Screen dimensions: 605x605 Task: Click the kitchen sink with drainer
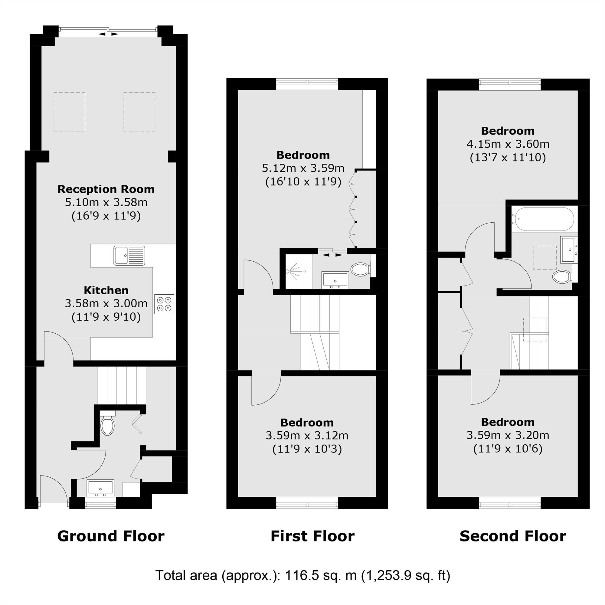[x=129, y=256]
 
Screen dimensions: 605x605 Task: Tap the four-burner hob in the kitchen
[x=164, y=304]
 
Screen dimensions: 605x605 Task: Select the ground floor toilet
[x=107, y=423]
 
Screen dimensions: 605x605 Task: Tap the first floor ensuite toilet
[x=361, y=269]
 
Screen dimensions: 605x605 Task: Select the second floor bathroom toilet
[x=562, y=276]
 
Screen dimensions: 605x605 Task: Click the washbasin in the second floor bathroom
[x=569, y=250]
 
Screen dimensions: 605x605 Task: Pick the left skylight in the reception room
[x=70, y=112]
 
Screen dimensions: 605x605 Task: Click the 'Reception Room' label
[x=106, y=189]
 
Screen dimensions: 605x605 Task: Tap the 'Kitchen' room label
[x=106, y=290]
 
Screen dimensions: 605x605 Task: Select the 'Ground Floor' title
[x=111, y=536]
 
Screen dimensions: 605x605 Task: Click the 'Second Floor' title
[x=513, y=536]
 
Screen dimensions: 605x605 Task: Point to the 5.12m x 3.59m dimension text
[x=303, y=168]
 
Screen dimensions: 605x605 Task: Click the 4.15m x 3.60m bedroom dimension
[x=508, y=144]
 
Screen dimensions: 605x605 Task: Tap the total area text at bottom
[x=303, y=575]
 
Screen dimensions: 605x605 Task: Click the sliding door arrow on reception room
[x=108, y=34]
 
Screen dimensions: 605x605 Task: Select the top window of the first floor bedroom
[x=307, y=82]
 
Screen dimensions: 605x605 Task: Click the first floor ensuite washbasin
[x=335, y=280]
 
